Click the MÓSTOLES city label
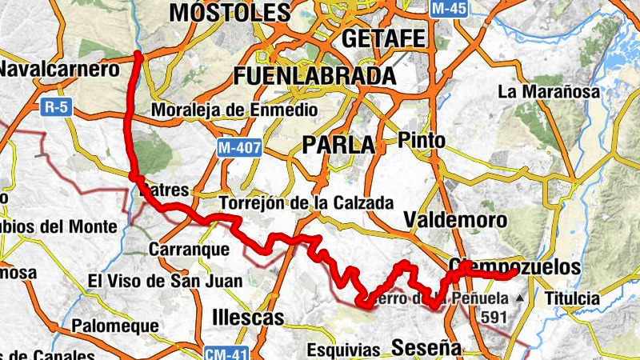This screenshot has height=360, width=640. pos(229,13)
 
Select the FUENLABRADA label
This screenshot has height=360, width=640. pos(315,76)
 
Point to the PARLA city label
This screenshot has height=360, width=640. pos(339,145)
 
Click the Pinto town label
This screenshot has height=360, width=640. pos(422,140)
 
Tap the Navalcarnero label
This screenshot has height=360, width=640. pos(59,69)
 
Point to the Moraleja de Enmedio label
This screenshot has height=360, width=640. pos(234,110)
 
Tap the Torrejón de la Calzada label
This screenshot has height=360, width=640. pos(306,203)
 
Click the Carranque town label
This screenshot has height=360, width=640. pos(190,250)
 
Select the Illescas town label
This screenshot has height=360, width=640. pos(249,318)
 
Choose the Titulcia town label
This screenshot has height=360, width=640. pos(571,299)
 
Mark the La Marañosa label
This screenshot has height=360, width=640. pos(548,92)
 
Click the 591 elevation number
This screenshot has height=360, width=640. pos(493,317)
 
